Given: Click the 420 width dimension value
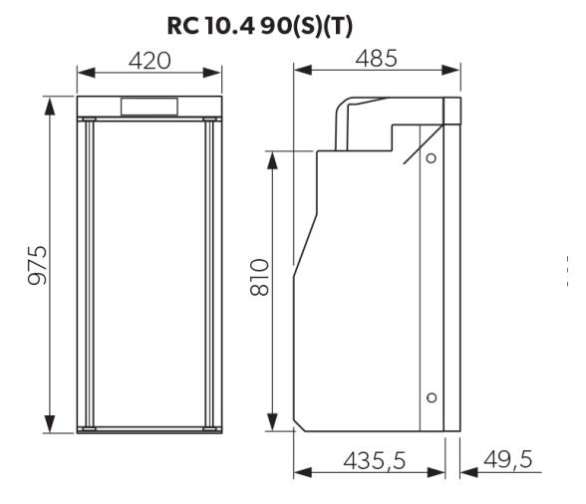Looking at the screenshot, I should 149,61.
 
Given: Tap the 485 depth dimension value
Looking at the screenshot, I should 377,59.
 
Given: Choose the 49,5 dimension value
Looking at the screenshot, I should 506,459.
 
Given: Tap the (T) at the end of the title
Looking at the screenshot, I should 365,27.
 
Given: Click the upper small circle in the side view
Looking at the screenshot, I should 431,158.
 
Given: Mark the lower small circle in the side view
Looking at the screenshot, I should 431,397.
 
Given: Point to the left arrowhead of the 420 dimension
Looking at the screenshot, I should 84,74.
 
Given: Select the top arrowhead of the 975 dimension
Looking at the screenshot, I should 47,103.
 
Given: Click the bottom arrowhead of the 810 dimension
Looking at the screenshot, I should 270,426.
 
